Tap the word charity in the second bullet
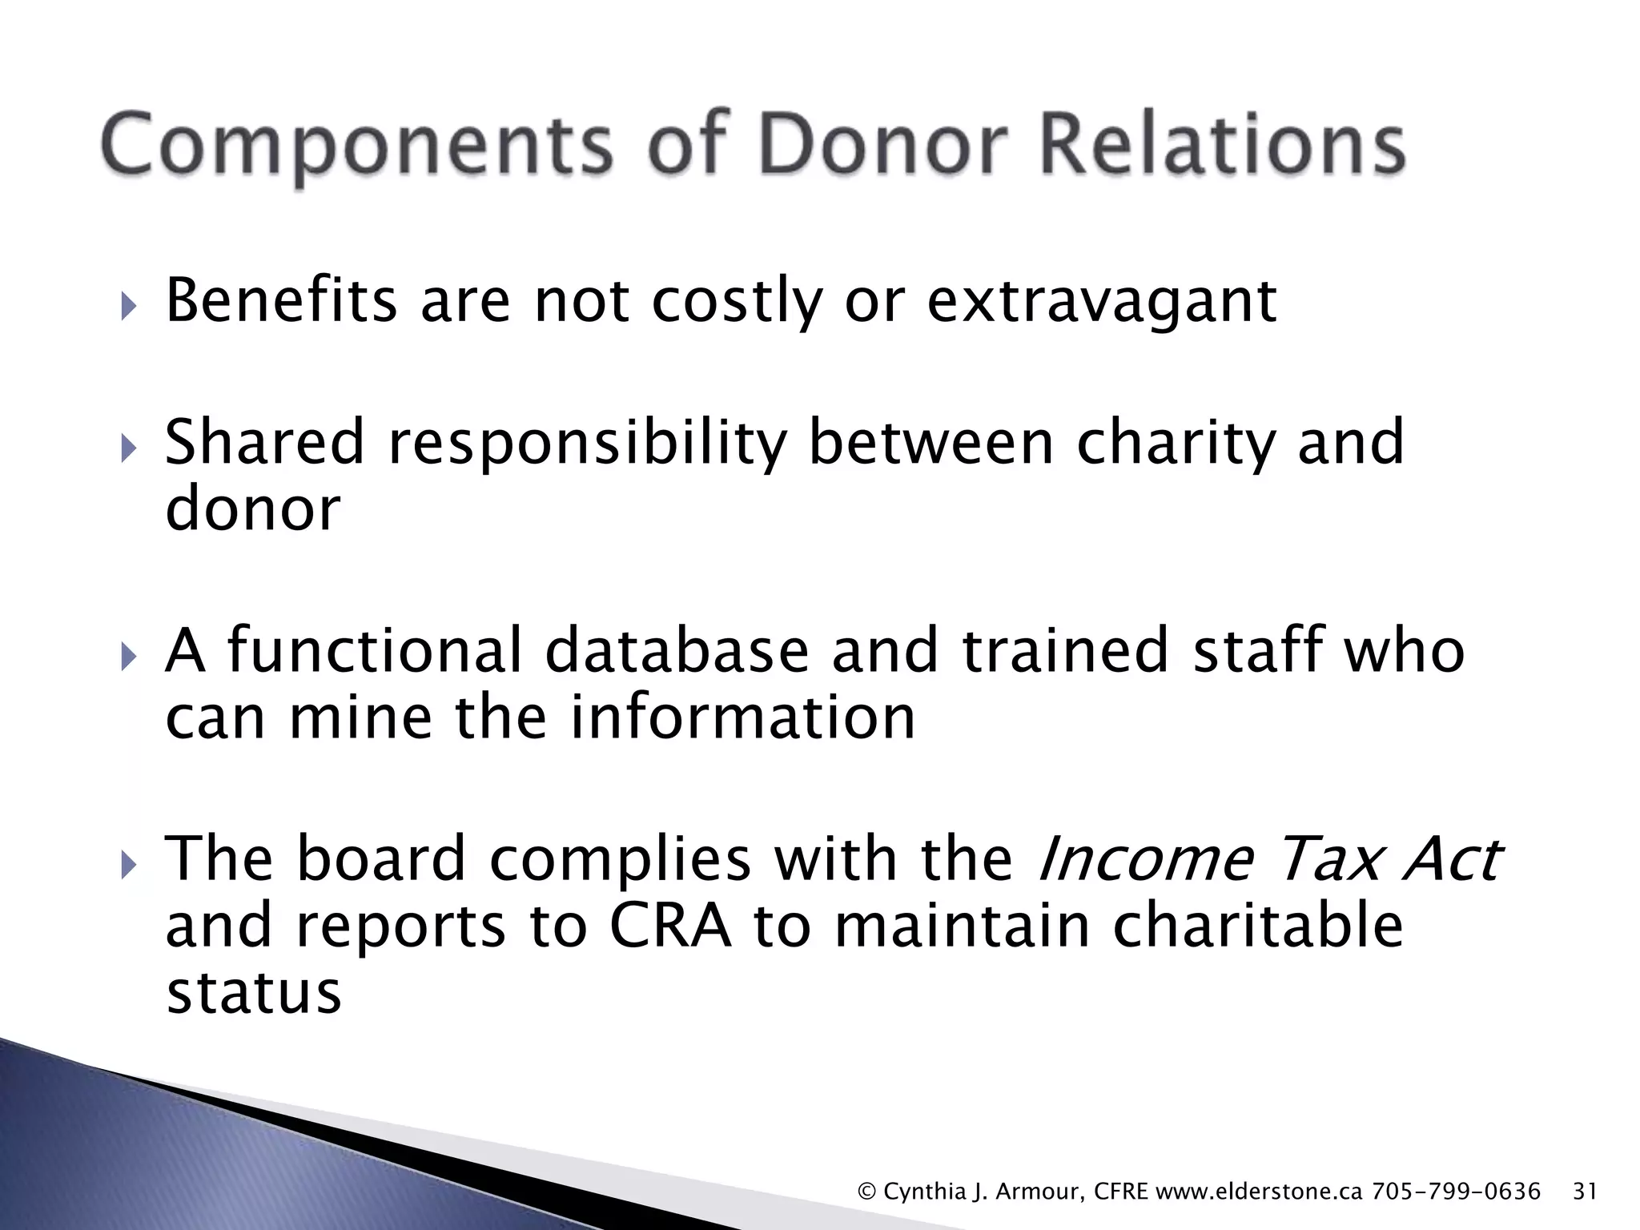coord(1175,445)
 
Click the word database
coord(677,650)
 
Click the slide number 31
coord(1585,1192)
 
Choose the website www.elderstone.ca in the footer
coord(1260,1192)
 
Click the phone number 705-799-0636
coord(1457,1192)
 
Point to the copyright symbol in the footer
coord(866,1192)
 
